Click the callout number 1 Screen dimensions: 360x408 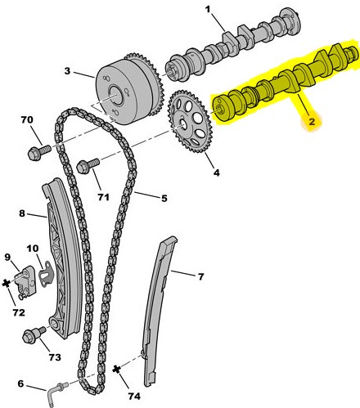tap(208, 10)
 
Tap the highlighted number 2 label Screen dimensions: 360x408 tap(312, 122)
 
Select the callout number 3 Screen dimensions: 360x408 tap(67, 71)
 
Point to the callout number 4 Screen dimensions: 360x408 tap(216, 173)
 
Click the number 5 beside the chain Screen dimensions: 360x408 tap(164, 199)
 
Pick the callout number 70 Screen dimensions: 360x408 tap(26, 119)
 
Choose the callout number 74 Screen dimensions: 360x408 tap(134, 397)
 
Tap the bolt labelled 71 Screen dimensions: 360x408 tap(88, 166)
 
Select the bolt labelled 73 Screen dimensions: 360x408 tap(34, 335)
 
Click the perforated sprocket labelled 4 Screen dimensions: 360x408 tap(190, 122)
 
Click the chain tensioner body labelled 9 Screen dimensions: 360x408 tap(26, 282)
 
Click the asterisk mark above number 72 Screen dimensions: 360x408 tap(6, 284)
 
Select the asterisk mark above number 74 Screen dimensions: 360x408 tap(117, 370)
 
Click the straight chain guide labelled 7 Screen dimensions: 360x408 tap(159, 311)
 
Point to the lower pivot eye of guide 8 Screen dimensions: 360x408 tap(56, 325)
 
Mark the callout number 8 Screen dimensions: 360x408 tap(22, 213)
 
